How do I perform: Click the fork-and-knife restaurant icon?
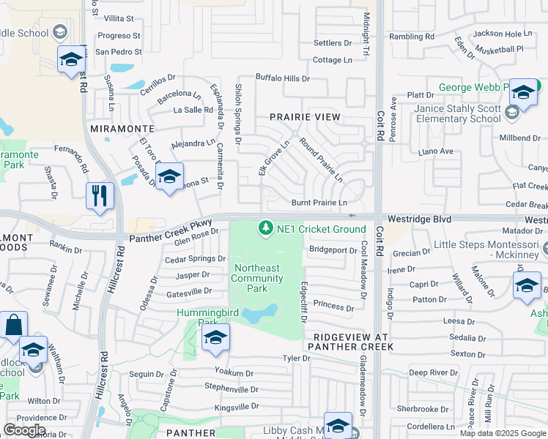100,196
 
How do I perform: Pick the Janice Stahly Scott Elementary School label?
457,113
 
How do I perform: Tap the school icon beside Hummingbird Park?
215,338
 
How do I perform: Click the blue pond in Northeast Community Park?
260,314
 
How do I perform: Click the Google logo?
24,429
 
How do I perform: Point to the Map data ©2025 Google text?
503,433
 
